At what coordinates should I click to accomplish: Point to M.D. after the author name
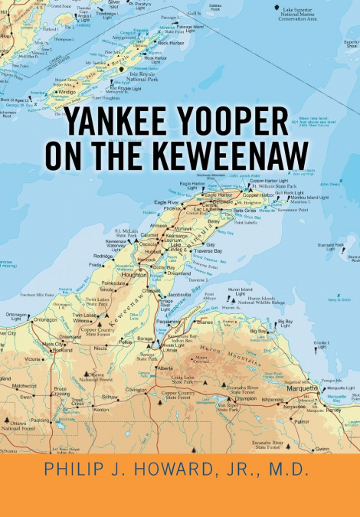point(285,469)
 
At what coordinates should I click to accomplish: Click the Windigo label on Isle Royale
point(68,92)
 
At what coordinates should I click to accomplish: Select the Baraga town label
point(145,338)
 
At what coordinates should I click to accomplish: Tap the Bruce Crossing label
point(64,391)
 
